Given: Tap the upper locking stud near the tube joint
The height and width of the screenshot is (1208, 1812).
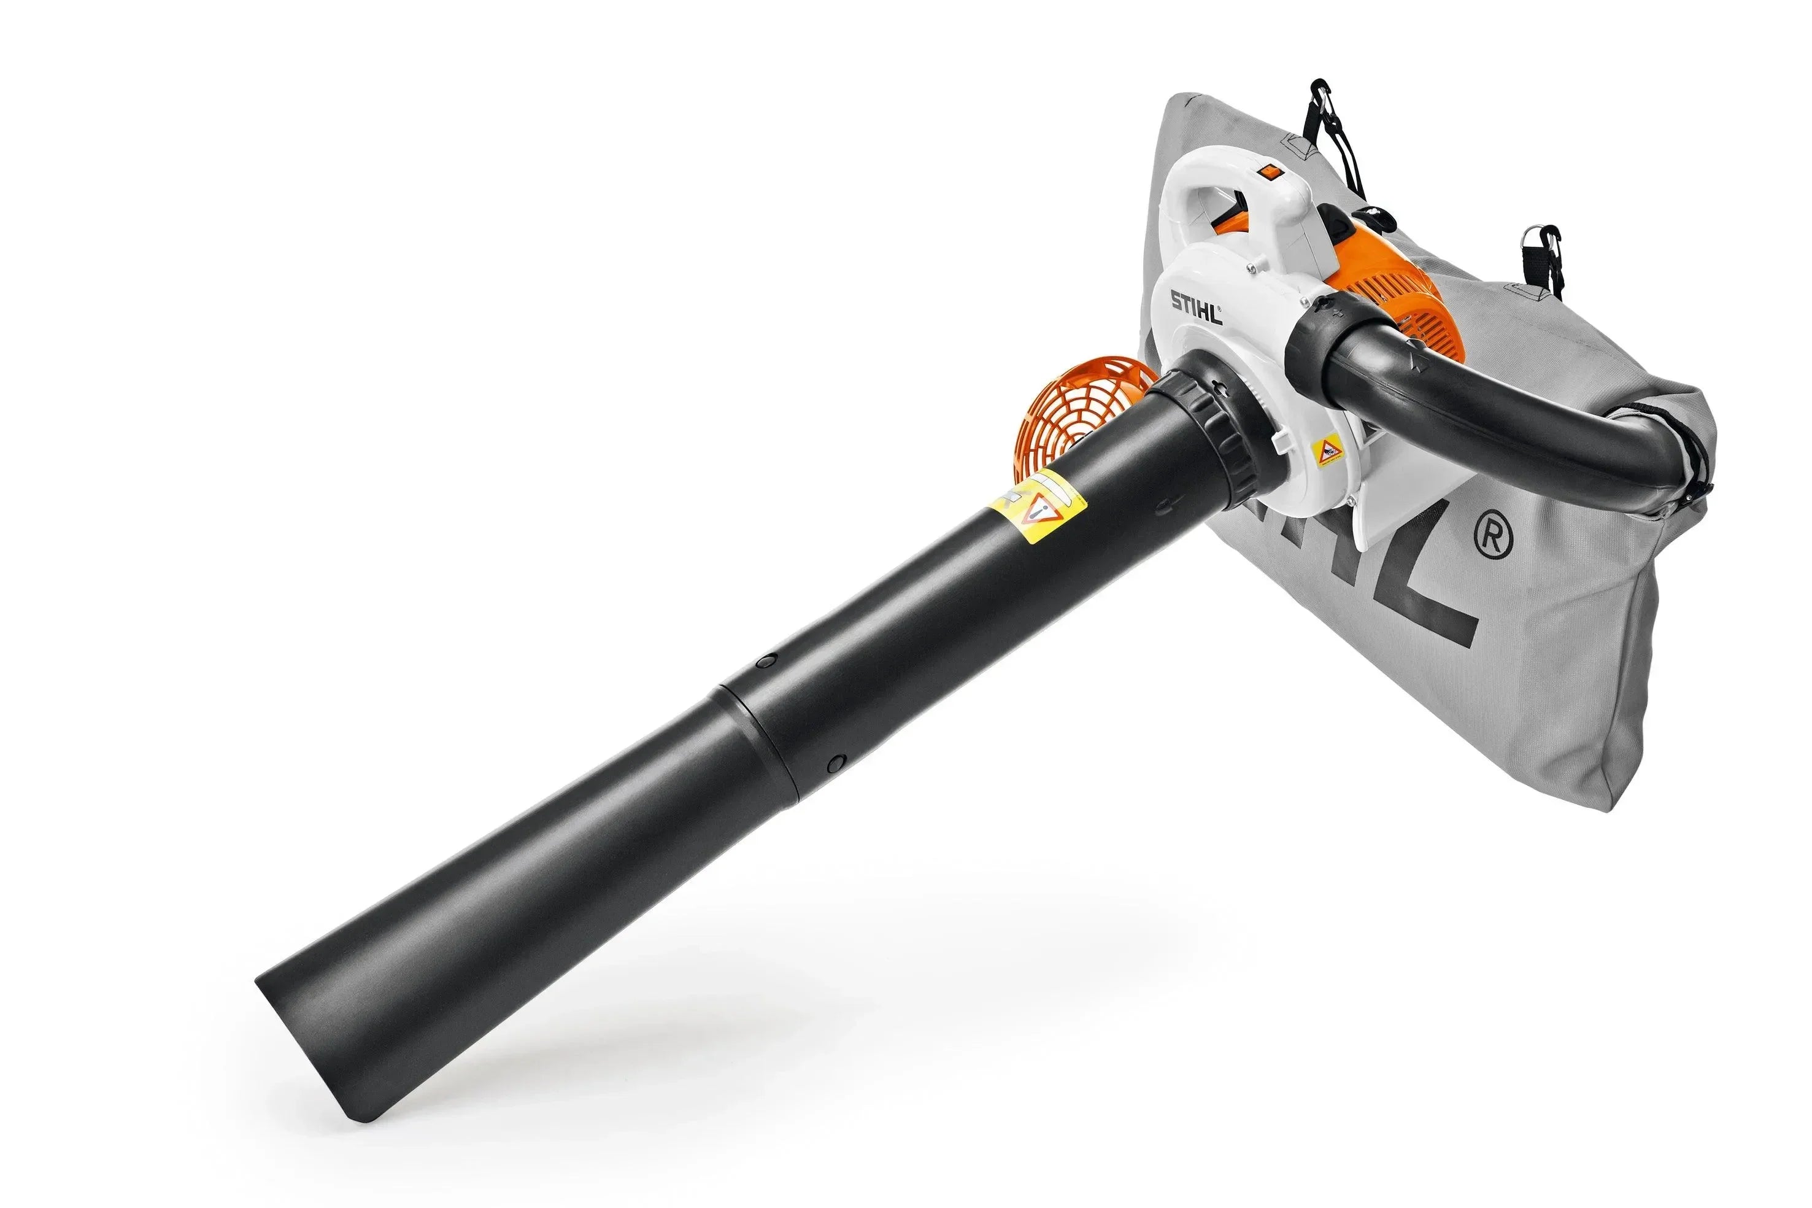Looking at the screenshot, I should coord(765,660).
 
